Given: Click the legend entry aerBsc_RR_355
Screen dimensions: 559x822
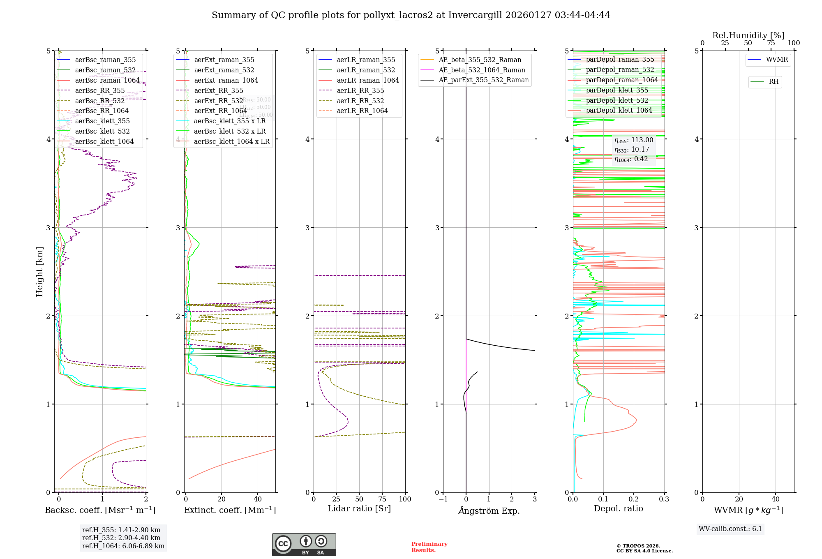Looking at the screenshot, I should (99, 90).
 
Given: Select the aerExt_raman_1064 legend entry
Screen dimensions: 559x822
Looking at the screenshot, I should (226, 80).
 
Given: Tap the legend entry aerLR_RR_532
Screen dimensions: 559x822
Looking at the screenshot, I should (360, 101).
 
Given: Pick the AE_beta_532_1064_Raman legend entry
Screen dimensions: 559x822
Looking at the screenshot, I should (482, 70).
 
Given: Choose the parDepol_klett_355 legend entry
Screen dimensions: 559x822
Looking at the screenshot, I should (616, 90).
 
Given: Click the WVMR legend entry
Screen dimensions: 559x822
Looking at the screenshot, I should (777, 60).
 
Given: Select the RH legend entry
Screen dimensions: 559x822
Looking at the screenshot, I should (774, 82).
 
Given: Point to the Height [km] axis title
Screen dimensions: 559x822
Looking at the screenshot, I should (39, 271).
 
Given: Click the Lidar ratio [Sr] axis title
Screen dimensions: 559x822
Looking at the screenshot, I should (359, 508).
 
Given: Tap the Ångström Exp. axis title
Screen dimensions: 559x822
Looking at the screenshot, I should (489, 510).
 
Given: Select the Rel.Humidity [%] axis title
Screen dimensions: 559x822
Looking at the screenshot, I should (748, 35).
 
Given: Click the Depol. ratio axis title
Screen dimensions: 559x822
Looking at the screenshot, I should (618, 508).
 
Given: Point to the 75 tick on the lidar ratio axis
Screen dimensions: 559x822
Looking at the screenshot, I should (382, 499).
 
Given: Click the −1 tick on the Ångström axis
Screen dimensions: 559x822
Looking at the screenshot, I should (443, 499).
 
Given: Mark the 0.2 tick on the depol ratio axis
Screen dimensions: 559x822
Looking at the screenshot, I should (634, 499).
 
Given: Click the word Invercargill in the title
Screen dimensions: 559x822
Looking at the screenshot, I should (475, 15).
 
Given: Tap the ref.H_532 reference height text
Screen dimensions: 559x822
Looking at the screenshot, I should (121, 538).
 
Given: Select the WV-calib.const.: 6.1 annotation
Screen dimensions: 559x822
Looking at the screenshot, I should (730, 529).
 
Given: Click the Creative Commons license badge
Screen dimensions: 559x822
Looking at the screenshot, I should (304, 544).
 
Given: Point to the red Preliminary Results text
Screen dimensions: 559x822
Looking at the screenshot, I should (429, 547).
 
